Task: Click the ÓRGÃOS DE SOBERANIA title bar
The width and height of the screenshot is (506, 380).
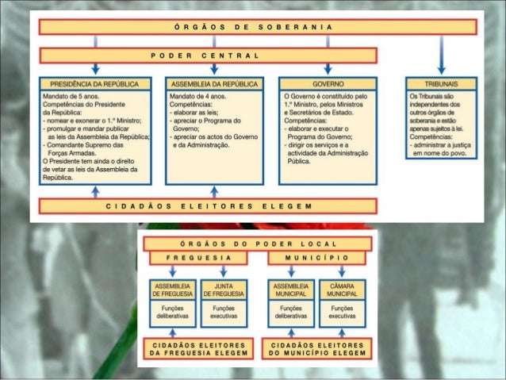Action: tap(258, 27)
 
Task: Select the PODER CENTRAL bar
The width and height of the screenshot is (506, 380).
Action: tap(208, 56)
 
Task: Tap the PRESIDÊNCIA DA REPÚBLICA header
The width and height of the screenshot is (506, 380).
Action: tap(94, 83)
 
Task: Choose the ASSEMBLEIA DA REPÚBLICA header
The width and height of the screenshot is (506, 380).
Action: tap(214, 83)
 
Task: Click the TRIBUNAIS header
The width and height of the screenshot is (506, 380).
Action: tap(441, 83)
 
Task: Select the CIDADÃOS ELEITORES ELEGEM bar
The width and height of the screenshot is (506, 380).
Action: tap(208, 206)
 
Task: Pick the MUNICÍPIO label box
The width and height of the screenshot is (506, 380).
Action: tap(316, 258)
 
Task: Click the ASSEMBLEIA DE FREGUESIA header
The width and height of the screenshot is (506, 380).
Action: tap(172, 290)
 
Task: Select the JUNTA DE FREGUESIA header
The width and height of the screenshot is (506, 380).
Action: tap(224, 290)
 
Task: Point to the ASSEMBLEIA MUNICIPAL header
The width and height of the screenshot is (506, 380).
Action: tap(291, 290)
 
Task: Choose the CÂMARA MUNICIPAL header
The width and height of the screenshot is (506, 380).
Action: tap(343, 290)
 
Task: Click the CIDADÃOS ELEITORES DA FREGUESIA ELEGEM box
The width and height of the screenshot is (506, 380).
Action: tap(198, 348)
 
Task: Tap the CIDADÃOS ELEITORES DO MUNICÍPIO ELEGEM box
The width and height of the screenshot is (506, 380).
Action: tap(316, 348)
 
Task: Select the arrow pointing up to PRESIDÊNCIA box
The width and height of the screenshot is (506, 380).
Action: tap(94, 191)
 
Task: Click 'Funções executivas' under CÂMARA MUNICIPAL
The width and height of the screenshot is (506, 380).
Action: tap(343, 312)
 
